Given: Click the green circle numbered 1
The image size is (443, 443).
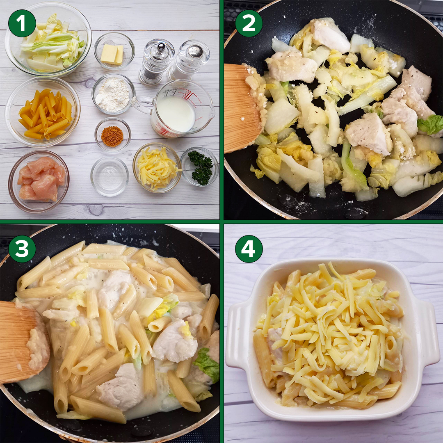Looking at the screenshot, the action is point(22,23).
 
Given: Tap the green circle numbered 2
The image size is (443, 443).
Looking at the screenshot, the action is point(249,23).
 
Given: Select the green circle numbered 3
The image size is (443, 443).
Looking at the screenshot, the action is point(22,249).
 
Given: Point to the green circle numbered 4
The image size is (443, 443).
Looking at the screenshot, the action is point(249,249).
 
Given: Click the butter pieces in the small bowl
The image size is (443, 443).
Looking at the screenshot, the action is point(112,54).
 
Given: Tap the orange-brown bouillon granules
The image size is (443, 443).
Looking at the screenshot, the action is point(112,136).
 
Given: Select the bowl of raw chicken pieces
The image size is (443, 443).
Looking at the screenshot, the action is point(39,181).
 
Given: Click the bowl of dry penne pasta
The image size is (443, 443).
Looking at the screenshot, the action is point(43,112).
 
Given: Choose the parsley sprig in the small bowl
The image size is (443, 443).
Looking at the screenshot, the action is point(201,167).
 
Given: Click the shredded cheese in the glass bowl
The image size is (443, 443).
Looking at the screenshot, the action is point(157,168).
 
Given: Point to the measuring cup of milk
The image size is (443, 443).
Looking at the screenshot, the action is point(175,109).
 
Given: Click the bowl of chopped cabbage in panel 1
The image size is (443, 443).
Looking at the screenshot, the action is point(48,39).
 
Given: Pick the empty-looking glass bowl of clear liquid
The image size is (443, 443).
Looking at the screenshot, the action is point(110,176).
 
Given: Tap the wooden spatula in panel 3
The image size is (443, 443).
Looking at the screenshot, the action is point(24,342).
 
